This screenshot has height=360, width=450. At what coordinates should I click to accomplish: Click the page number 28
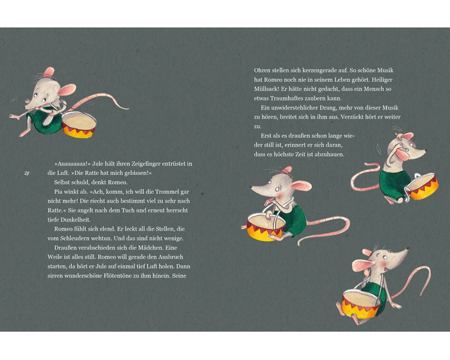[27, 173]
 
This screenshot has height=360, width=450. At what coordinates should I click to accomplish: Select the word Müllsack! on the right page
[266, 89]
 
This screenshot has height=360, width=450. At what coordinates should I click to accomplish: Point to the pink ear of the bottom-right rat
[362, 265]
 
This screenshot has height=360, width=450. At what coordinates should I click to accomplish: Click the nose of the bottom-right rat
[407, 248]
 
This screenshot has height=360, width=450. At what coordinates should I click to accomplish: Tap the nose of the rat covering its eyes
[425, 150]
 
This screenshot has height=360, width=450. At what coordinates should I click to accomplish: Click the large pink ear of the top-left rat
[67, 90]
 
